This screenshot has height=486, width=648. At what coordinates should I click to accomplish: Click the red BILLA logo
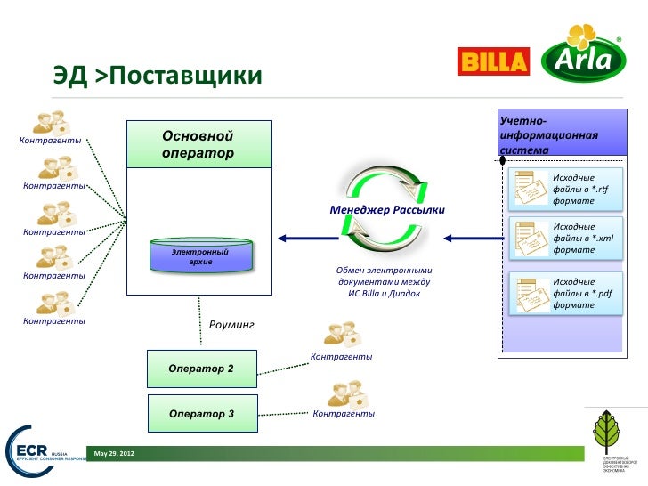coord(492,61)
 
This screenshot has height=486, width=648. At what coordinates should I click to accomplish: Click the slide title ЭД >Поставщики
coord(157,77)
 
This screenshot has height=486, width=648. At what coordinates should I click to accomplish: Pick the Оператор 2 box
coord(201,369)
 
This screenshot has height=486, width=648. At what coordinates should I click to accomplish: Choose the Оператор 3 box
coord(201,414)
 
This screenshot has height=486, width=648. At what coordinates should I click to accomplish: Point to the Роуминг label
coord(231,325)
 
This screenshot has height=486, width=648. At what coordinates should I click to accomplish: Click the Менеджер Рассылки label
coord(386,210)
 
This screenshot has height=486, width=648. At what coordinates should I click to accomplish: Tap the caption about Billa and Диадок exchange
coord(384,281)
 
